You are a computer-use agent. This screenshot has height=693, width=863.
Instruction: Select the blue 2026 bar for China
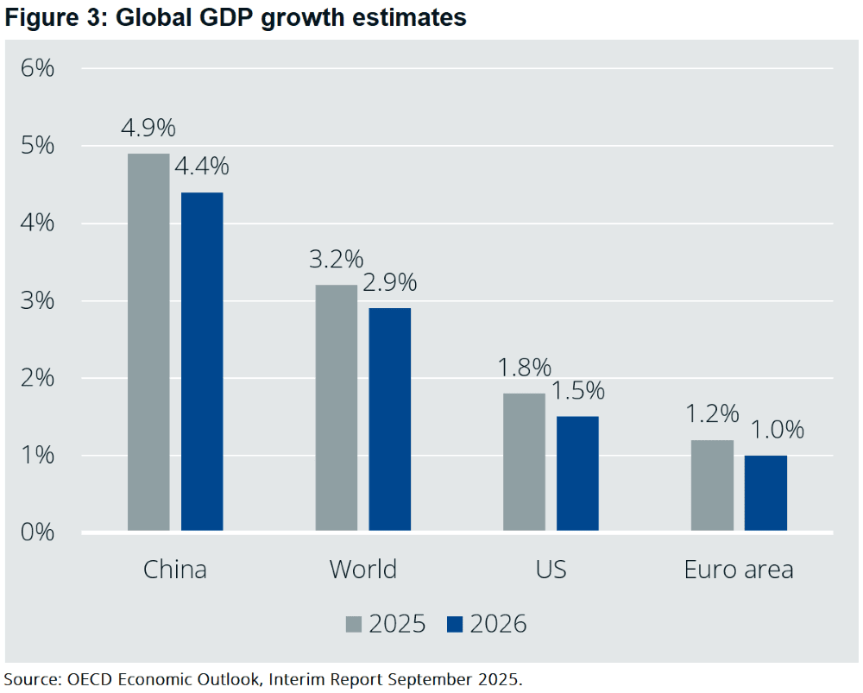202,362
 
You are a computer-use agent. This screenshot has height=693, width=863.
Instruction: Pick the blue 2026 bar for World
389,419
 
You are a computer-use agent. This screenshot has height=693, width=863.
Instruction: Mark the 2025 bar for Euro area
712,485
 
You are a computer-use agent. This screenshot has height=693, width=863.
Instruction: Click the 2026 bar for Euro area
765,493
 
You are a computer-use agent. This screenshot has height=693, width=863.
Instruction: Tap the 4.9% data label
148,129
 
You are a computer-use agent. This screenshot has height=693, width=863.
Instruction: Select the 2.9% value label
389,283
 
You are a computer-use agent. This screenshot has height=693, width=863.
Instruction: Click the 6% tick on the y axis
37,68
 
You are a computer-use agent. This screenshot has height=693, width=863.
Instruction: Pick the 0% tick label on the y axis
37,532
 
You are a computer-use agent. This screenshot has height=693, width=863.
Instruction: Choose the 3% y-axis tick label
37,300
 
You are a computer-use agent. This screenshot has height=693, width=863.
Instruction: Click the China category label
175,570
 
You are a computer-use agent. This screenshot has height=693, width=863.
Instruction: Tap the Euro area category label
739,570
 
